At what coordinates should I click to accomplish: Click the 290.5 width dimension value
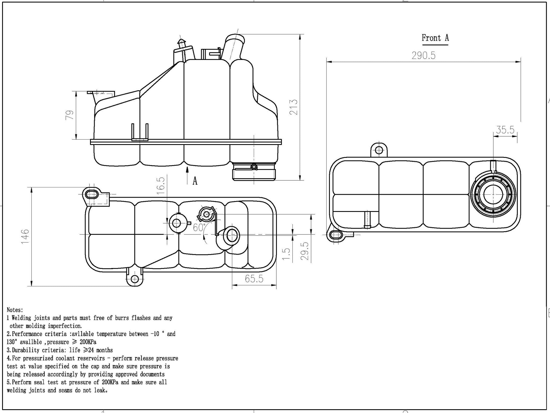tap(423, 56)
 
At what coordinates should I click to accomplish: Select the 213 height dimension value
tap(294, 107)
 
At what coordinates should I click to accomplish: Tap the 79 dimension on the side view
tap(70, 115)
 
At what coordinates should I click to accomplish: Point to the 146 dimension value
tap(25, 236)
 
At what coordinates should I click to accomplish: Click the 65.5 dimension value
tap(254, 279)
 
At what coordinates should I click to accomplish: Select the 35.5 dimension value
tap(505, 130)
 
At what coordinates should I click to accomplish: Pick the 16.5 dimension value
tap(160, 186)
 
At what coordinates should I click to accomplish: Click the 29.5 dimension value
tap(305, 251)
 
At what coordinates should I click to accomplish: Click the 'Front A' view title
tap(435, 38)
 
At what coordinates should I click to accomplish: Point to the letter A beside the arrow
tap(195, 181)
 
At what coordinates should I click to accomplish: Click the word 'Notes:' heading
tap(15, 310)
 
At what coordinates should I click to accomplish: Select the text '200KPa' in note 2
tap(88, 342)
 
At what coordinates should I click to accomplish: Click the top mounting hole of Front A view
tap(379, 150)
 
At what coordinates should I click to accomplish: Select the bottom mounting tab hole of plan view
tap(135, 279)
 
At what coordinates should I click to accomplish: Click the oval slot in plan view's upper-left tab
tap(92, 194)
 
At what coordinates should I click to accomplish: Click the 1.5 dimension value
tap(287, 254)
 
